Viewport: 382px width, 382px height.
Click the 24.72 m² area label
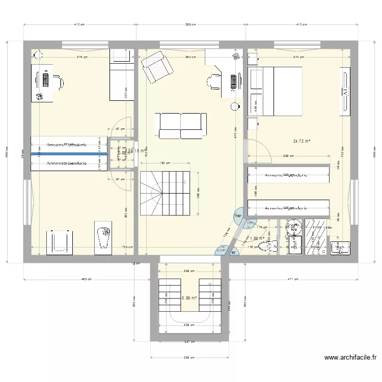302,142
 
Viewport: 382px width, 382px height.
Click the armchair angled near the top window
157,68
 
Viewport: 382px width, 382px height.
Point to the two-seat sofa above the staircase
181,125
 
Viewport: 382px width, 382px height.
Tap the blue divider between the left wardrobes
69,154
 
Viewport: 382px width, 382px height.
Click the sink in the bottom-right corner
340,248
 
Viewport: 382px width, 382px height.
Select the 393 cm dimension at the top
190,24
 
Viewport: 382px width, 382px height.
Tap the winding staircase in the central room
164,193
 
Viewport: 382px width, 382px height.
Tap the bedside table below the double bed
253,123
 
